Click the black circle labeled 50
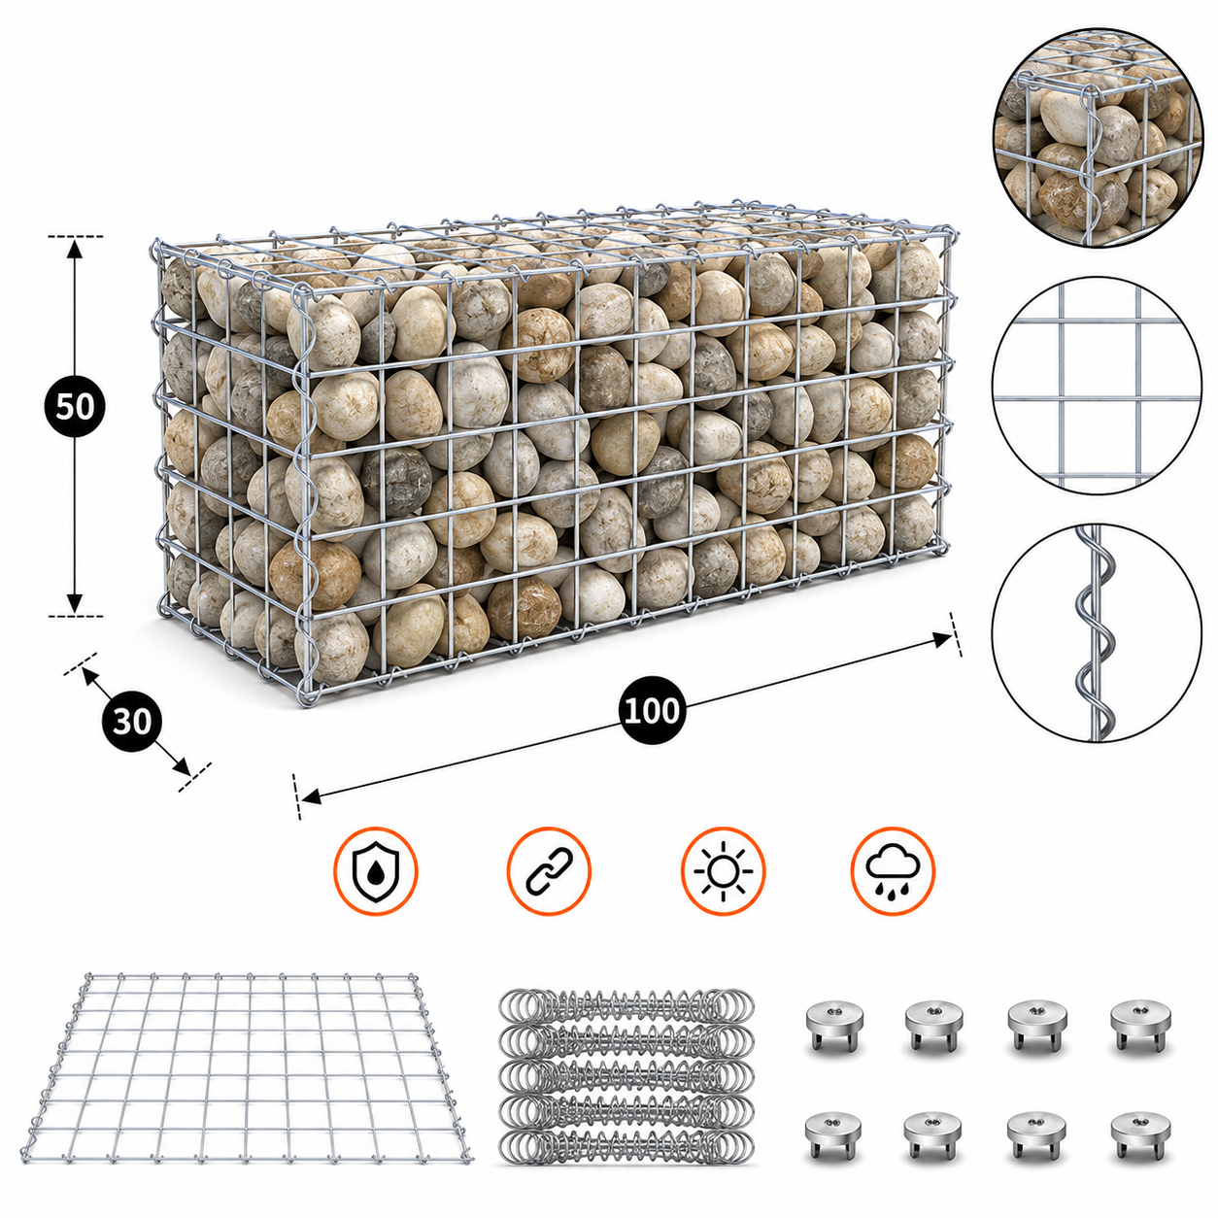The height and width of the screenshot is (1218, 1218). tap(75, 406)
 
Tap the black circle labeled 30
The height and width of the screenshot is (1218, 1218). tap(131, 722)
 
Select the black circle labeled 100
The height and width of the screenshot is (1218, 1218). tap(652, 711)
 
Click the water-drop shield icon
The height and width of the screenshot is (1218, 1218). tap(376, 871)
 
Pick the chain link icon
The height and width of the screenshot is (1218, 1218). tap(549, 871)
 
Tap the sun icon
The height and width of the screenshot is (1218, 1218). tap(723, 871)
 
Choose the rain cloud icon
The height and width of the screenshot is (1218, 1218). tap(893, 871)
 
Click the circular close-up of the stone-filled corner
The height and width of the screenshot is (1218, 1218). tap(1098, 138)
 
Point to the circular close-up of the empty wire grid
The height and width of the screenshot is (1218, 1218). tap(1097, 386)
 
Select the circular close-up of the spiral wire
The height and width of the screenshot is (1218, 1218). tap(1097, 633)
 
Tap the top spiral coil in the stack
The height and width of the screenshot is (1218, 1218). tap(626, 1005)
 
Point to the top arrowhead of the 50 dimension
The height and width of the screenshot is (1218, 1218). tap(75, 249)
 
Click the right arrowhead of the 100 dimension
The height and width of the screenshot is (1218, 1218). tap(943, 639)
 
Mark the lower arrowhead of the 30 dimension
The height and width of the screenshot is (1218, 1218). tap(183, 768)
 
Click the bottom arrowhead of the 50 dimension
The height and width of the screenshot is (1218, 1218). tap(75, 603)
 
